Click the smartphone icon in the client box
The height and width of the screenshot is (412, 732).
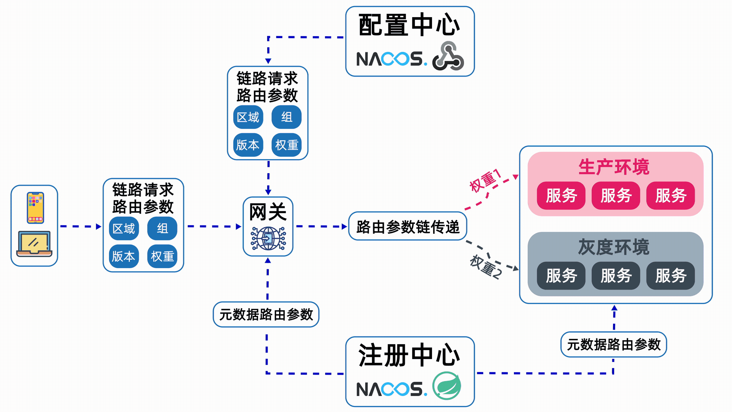(x=35, y=208)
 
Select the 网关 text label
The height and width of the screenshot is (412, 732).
(x=268, y=212)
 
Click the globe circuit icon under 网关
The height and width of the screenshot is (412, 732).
(x=268, y=238)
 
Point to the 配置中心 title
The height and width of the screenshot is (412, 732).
(x=409, y=25)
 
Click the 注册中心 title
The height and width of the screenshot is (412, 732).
(x=409, y=355)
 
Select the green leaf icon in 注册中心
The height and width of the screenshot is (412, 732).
(x=447, y=386)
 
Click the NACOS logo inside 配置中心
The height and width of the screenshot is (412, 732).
(x=391, y=59)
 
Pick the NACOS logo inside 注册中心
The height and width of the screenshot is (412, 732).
(x=391, y=389)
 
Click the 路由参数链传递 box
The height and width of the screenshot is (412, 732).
(x=408, y=227)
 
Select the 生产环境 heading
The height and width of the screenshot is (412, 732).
(x=613, y=167)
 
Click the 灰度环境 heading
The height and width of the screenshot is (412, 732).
(x=613, y=247)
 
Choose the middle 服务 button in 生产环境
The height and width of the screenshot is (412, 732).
(x=616, y=196)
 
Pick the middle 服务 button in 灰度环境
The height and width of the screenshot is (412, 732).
(x=616, y=275)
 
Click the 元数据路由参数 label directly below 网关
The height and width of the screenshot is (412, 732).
(x=266, y=314)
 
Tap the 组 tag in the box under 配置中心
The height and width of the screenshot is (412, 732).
(x=286, y=117)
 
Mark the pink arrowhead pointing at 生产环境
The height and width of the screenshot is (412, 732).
(x=515, y=177)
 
